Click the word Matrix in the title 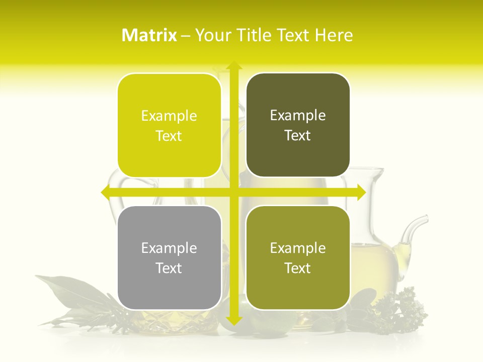149,35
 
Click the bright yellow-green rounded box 169,126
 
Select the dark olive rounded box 298,126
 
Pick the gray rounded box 169,257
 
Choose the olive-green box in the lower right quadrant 298,257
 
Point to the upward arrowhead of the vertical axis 233,65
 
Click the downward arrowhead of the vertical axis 233,320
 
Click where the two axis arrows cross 233,192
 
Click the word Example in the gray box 169,248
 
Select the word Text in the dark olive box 298,136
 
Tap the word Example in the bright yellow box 169,116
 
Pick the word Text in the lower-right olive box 298,268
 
